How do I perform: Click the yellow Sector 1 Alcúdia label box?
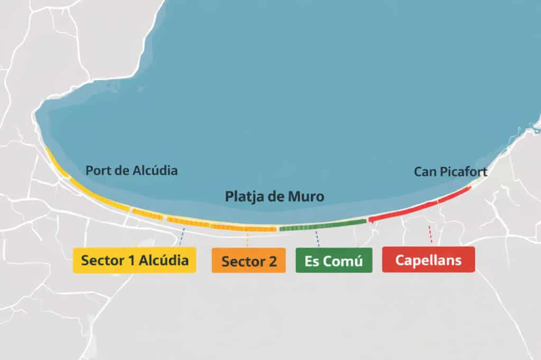coord(134,260)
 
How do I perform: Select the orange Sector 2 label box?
coord(248,261)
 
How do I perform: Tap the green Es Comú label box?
coord(333,261)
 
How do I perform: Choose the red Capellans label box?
coord(428,260)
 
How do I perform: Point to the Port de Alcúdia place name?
coord(132,170)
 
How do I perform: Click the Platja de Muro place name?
coord(275,197)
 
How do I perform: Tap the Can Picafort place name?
coord(450,172)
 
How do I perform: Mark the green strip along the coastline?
coord(322,225)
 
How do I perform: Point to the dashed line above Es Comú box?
coord(317,238)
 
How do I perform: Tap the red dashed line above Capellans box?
coord(431,234)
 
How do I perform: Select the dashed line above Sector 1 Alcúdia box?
coord(182,236)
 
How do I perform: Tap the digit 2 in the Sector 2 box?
coord(272,261)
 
